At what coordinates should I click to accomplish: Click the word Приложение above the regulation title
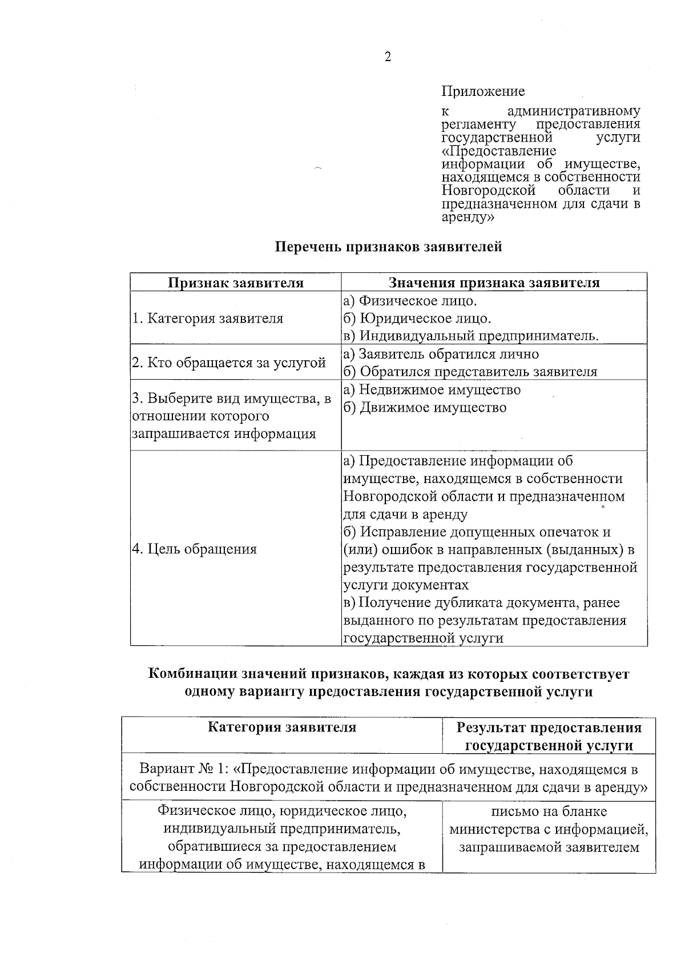pos(483,91)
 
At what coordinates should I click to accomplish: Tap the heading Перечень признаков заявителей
pos(389,247)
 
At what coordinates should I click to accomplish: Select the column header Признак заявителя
pos(236,283)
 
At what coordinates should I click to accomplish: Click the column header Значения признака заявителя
pos(494,283)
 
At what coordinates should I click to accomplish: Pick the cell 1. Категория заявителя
pos(208,319)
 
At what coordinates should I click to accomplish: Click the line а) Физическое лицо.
pos(410,300)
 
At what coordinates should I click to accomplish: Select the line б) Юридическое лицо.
pos(417,318)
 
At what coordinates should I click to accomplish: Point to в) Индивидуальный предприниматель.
pos(471,336)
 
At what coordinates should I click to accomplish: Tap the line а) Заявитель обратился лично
pos(441,354)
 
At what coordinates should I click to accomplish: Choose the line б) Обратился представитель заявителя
pos(470,372)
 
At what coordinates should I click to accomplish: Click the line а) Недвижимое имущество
pos(432,390)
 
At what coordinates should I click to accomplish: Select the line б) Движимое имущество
pos(425,408)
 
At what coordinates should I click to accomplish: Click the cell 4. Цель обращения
pos(195,549)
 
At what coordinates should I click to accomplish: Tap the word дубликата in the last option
pos(483,603)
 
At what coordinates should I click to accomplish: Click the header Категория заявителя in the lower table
pos(282,727)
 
